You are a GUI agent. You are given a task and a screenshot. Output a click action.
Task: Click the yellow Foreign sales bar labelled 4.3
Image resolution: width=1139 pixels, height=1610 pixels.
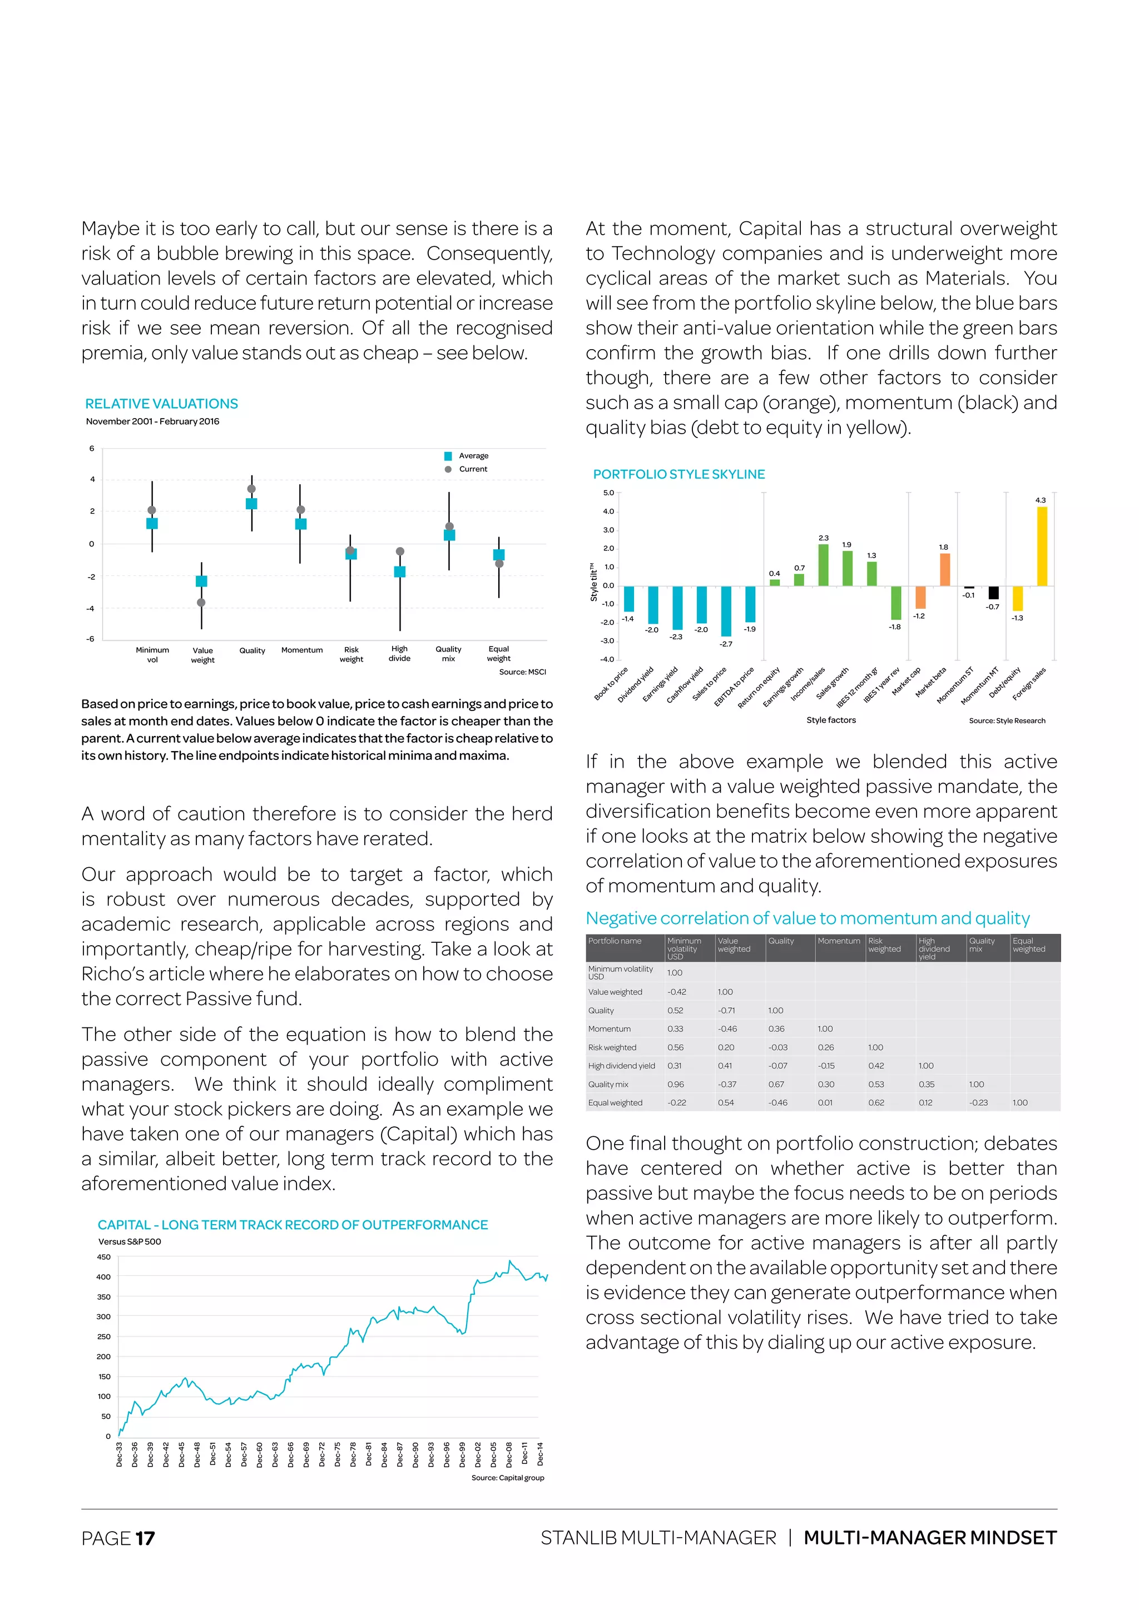(x=1042, y=546)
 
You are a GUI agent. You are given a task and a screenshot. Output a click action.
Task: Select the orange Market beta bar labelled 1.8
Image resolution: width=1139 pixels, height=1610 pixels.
(x=945, y=569)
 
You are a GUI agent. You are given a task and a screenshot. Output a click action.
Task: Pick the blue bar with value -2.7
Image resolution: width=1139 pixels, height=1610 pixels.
(x=726, y=611)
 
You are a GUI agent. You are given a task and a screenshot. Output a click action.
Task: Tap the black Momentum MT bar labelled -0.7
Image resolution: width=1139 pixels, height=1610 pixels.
(x=993, y=593)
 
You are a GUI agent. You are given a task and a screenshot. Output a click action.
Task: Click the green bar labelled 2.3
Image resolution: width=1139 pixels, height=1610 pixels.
(x=824, y=565)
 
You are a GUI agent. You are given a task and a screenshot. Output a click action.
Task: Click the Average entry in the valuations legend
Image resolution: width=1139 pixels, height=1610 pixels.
(x=473, y=456)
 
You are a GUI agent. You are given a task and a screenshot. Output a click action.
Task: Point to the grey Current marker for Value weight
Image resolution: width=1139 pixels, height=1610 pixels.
(x=201, y=602)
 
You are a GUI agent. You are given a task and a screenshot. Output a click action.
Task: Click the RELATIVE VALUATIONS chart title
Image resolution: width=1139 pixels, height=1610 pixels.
(x=161, y=404)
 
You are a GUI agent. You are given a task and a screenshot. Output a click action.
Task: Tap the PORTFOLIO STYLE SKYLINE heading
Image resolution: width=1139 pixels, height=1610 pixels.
(x=679, y=474)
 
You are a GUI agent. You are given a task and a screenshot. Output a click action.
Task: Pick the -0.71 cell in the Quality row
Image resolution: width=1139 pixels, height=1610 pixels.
(x=726, y=1011)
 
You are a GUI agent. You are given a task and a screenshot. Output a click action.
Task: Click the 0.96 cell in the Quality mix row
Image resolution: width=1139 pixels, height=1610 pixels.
(x=675, y=1084)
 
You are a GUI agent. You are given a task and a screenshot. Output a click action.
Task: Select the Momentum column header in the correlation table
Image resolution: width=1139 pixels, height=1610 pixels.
(x=838, y=941)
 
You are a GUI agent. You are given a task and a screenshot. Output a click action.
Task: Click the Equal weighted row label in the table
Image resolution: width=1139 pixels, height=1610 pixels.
(x=615, y=1102)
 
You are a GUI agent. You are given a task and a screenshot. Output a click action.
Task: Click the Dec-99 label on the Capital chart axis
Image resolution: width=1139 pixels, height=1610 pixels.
(x=462, y=1454)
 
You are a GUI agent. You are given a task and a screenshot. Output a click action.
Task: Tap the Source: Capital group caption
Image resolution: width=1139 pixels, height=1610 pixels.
(x=507, y=1478)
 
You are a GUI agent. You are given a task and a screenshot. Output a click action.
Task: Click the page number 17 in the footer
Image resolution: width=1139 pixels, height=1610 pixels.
(x=145, y=1538)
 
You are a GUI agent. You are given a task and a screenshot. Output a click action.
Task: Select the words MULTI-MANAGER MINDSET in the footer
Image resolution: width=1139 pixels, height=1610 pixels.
(x=929, y=1538)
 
